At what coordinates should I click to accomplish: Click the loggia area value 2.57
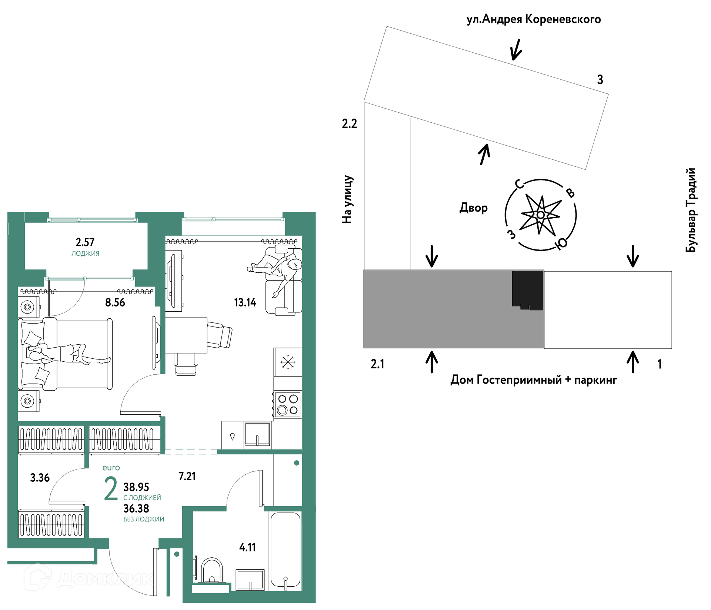click(x=85, y=242)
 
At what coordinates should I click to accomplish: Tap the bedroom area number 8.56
click(x=115, y=302)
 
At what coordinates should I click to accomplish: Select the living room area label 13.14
click(x=245, y=302)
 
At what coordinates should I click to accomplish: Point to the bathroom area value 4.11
click(x=247, y=547)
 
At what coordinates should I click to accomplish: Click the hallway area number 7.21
click(x=187, y=476)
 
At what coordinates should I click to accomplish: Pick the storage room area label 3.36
click(x=40, y=478)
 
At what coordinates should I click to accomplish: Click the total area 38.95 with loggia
click(x=136, y=487)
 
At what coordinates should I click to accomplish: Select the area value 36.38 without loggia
click(x=136, y=508)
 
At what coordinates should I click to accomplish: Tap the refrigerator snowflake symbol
click(x=287, y=362)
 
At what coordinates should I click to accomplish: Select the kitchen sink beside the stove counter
click(x=257, y=434)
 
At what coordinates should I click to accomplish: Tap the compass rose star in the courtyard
click(x=540, y=215)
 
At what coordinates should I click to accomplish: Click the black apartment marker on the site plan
click(x=528, y=291)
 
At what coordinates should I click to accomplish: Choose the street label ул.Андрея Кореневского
click(x=534, y=19)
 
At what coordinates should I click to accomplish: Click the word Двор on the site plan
click(x=474, y=208)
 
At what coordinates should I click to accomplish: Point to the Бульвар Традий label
click(x=691, y=210)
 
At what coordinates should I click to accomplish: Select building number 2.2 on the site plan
click(x=349, y=124)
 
